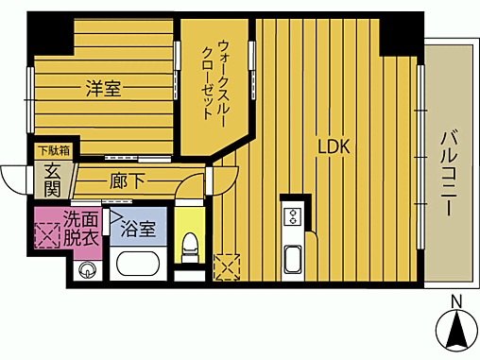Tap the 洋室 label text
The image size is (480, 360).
click(x=102, y=90)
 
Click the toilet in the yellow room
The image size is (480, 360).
click(x=189, y=248)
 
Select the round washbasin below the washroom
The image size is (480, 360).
click(x=88, y=270)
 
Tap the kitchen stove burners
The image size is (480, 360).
click(x=293, y=215)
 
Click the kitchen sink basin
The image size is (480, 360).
click(x=293, y=258)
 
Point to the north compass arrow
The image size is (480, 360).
click(x=456, y=331)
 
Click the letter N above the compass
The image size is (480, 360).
click(x=456, y=302)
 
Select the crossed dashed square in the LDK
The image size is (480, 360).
click(x=228, y=266)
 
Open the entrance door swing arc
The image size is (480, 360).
click(x=14, y=177)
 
